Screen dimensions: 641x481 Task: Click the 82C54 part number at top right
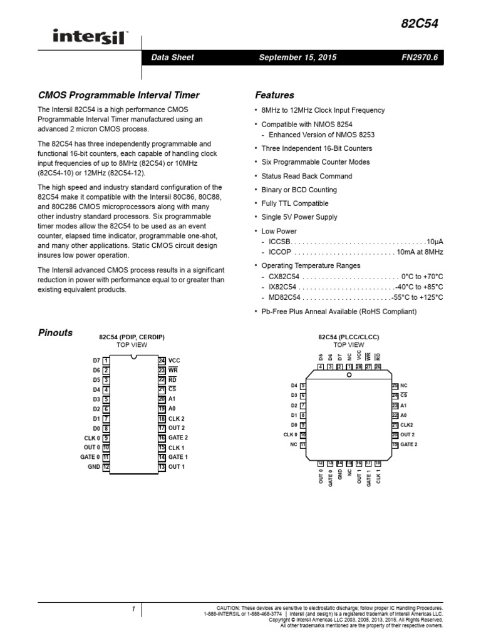tap(420, 24)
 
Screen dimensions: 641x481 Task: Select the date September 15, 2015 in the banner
tap(297, 57)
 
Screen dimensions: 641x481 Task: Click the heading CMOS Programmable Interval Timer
tap(119, 95)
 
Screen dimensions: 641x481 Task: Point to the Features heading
tap(274, 95)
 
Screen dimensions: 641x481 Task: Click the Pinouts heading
tap(56, 332)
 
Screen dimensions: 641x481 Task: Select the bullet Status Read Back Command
tap(306, 176)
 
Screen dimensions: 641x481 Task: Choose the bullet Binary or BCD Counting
tap(299, 190)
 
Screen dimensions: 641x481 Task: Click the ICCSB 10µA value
tap(434, 241)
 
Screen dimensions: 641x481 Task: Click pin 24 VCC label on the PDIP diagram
tap(174, 361)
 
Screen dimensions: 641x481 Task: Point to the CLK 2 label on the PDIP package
tap(177, 418)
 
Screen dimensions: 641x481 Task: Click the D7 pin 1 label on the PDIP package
tap(96, 361)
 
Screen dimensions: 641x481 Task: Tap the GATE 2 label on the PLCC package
tap(408, 444)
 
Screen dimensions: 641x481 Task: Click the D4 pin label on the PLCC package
tap(294, 386)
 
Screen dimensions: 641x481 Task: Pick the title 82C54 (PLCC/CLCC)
tap(348, 337)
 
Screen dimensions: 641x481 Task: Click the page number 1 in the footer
tap(133, 608)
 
